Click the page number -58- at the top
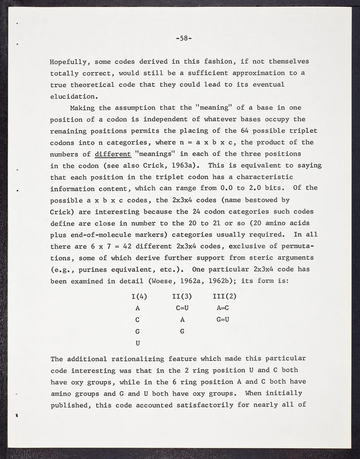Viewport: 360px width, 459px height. [184, 39]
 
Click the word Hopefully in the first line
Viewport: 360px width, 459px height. [71, 61]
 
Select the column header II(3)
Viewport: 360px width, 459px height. [181, 297]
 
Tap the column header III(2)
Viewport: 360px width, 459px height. [224, 297]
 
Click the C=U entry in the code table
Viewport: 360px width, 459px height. [181, 308]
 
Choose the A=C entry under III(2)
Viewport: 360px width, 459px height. [223, 308]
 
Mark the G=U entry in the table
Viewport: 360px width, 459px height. [223, 320]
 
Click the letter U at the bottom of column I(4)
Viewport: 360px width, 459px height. [138, 343]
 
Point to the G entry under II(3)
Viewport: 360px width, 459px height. [182, 331]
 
